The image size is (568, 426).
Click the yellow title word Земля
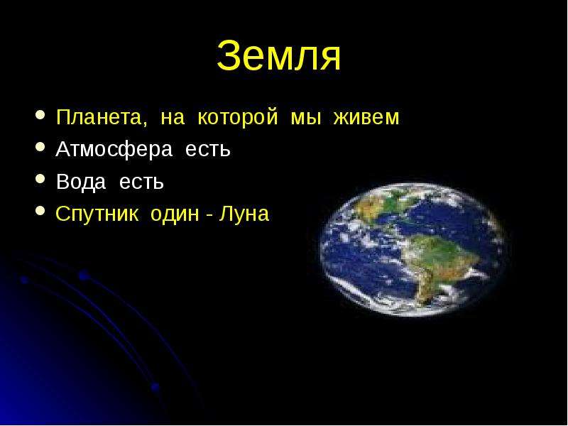[x=278, y=55]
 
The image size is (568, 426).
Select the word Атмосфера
[x=114, y=149]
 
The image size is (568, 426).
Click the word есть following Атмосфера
[x=207, y=150]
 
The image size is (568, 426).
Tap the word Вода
[x=81, y=182]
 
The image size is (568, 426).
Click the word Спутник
[x=97, y=214]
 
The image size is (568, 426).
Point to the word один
[x=175, y=214]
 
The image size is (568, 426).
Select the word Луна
[x=244, y=214]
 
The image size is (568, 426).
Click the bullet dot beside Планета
[x=40, y=116]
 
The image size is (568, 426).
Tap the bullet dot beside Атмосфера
[x=40, y=147]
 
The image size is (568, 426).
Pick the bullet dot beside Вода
[x=40, y=180]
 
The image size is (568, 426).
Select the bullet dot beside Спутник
[x=40, y=211]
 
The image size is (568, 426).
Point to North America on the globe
[x=381, y=205]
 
